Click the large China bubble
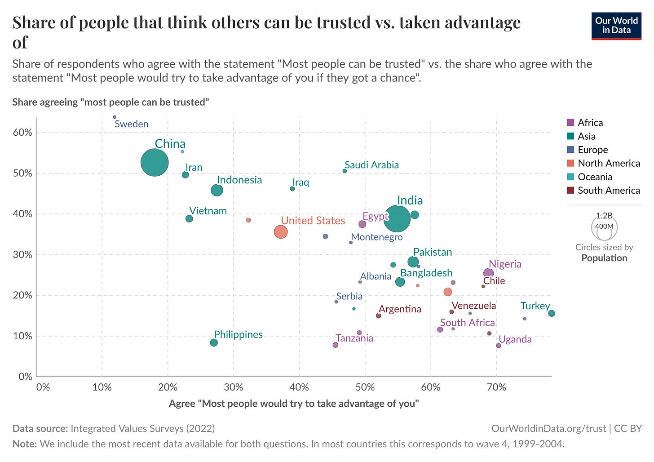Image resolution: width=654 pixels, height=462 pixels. point(155,163)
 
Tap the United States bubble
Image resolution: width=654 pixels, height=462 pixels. point(281,232)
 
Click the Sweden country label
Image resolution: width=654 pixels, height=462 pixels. point(131,124)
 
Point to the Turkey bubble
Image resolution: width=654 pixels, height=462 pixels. point(552,313)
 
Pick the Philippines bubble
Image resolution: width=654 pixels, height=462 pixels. point(214,342)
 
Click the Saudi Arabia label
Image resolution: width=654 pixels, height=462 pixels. point(371,165)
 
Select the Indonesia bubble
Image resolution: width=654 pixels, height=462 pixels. point(217,190)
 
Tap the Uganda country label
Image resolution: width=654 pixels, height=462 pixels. point(515,339)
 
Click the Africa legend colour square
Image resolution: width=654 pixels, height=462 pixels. point(571,123)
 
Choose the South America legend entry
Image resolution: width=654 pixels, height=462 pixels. point(608,190)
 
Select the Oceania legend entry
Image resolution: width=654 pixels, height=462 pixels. point(595,177)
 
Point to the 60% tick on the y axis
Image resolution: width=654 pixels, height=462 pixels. point(22,133)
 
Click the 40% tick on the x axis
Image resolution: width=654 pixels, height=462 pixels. point(299,387)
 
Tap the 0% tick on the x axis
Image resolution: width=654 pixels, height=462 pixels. point(43,387)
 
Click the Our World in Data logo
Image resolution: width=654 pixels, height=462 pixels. point(616,26)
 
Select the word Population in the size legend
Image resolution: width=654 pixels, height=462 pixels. point(604,258)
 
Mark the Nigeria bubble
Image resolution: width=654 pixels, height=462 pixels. point(488,273)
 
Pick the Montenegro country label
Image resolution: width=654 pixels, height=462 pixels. point(377,237)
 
